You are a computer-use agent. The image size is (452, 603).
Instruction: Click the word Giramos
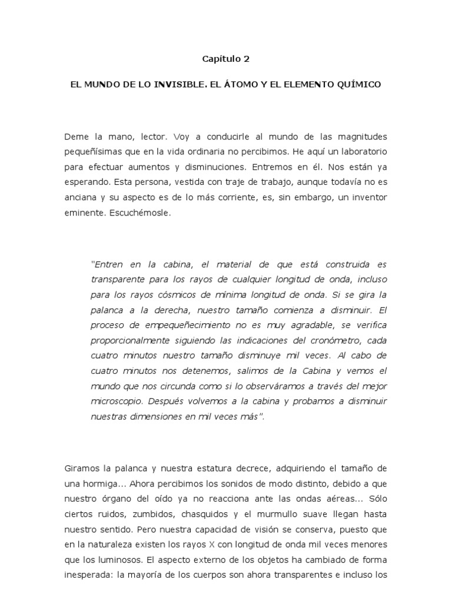pos(81,469)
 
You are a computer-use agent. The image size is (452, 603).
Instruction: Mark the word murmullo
pos(274,515)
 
